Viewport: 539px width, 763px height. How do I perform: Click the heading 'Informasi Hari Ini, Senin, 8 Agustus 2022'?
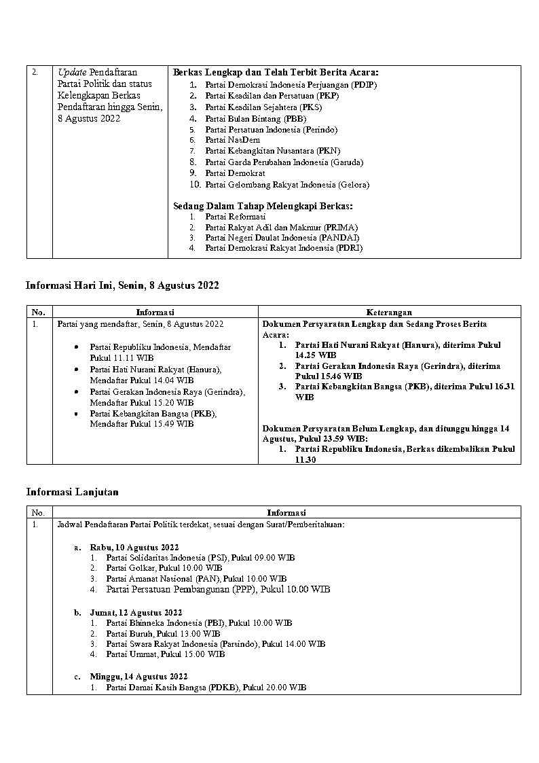[122, 286]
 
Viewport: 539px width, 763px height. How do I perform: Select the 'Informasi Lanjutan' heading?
[72, 492]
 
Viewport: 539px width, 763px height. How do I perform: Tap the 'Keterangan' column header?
[389, 313]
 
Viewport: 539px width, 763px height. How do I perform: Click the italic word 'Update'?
[71, 72]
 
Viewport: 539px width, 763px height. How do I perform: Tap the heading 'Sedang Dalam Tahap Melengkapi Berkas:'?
[263, 205]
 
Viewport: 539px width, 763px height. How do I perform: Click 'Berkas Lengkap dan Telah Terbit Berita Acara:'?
[276, 72]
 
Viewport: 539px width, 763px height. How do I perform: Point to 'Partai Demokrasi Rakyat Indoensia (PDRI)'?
[283, 248]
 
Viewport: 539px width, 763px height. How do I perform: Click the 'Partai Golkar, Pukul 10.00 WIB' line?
[164, 567]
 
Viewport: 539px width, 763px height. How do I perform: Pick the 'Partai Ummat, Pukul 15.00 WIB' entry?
[165, 654]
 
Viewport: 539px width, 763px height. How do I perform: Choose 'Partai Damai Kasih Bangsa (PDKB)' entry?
[206, 688]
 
